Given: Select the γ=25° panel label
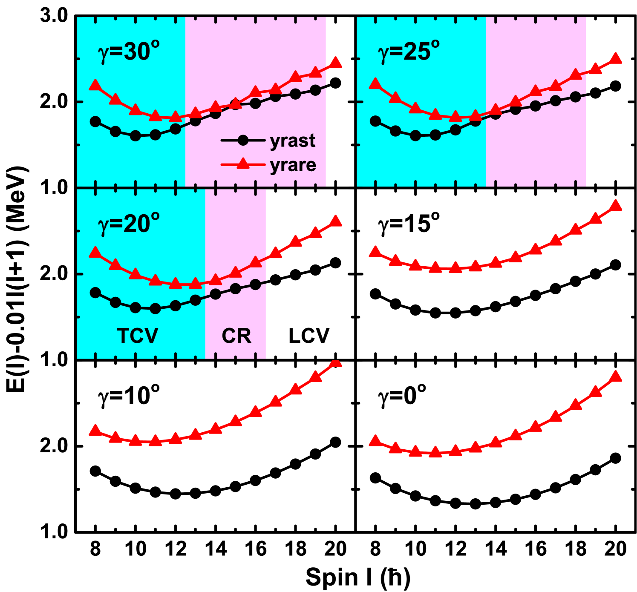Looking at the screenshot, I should [x=409, y=51].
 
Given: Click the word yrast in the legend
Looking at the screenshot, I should [x=293, y=141].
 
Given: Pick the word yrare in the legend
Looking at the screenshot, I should [x=293, y=165].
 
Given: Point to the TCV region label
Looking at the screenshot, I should [x=138, y=336].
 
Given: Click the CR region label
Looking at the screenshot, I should [x=236, y=336].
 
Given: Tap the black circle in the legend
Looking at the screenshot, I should [x=242, y=141].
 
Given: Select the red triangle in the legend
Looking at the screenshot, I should [x=242, y=164].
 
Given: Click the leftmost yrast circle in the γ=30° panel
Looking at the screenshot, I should [x=95, y=121].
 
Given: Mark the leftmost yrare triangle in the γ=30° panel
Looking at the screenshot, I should [x=95, y=85].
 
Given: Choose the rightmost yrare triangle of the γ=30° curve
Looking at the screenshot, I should [x=336, y=63].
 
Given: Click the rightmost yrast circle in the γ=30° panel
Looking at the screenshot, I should [x=315, y=90].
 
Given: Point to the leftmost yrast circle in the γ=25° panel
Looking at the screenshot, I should [x=375, y=121].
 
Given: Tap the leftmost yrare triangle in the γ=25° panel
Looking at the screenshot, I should [x=375, y=83].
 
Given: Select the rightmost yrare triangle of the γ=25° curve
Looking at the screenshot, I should [x=616, y=58].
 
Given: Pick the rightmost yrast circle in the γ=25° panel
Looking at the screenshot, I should [x=576, y=97].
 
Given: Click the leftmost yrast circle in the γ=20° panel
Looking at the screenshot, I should [x=95, y=293].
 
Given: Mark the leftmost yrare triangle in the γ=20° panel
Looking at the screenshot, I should [x=95, y=253].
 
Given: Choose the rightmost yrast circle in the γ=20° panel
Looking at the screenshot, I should [x=255, y=285].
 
